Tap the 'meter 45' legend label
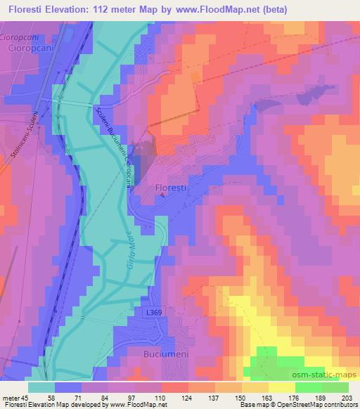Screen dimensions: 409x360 pos(13,396)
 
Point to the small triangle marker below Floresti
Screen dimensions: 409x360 pos(163,197)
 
